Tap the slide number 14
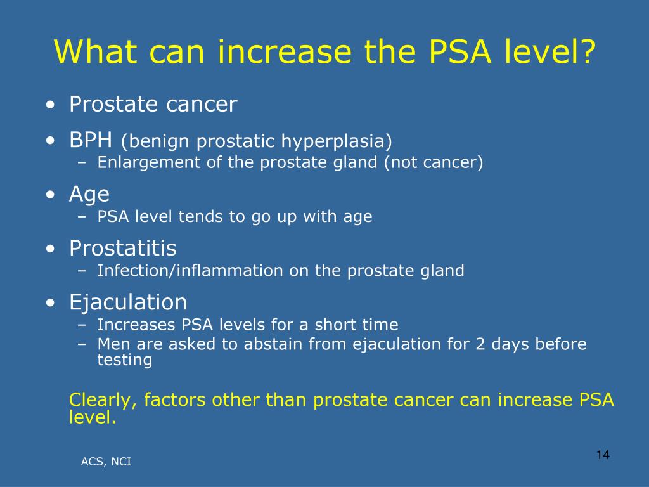pos(603,455)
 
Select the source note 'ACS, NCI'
pos(106,462)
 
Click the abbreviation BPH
pos(91,140)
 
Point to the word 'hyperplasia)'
pos(337,141)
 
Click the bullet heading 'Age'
pos(89,194)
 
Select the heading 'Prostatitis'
pos(123,248)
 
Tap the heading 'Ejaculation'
pos(128,302)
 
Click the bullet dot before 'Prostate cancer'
pos(51,105)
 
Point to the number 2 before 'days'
pos(480,344)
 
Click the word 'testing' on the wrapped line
pos(125,360)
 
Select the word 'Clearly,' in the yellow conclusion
pos(103,400)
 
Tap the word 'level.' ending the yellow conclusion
pos(93,417)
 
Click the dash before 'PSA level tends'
pos(82,217)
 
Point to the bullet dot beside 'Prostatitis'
pos(51,249)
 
